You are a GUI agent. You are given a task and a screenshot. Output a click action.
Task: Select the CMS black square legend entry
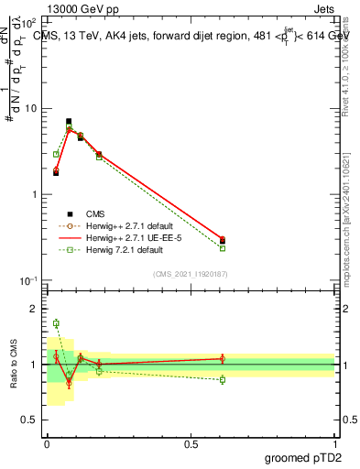(x=69, y=213)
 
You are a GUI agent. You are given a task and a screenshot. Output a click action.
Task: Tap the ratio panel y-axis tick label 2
(x=35, y=310)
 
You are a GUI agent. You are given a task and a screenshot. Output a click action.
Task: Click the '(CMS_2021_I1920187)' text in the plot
(x=191, y=273)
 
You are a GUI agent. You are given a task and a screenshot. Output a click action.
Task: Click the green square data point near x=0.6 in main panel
(x=223, y=248)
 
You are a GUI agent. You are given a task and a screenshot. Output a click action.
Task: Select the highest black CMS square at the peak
(x=69, y=121)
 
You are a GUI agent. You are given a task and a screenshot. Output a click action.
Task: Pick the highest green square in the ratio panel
(x=56, y=323)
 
